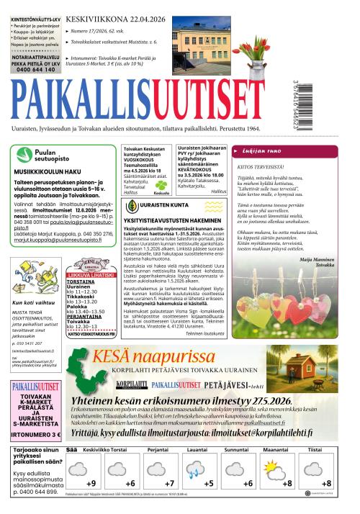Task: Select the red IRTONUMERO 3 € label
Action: click(35, 435)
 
